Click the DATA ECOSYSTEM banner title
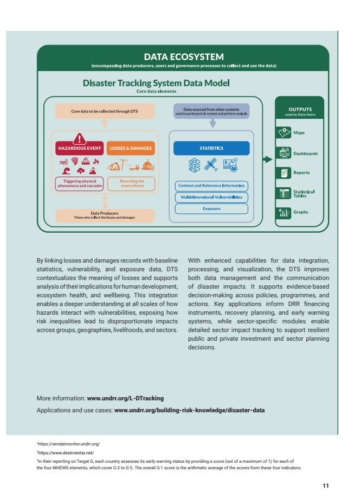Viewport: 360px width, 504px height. [183, 56]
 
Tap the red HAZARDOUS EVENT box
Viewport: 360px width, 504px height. [79, 148]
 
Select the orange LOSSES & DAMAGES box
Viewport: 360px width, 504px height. [131, 148]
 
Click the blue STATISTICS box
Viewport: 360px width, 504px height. [211, 148]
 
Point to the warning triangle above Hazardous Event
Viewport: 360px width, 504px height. [80, 137]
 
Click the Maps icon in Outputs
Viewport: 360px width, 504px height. [284, 133]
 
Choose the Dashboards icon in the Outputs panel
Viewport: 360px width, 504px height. [284, 153]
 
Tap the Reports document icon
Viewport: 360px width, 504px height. [284, 173]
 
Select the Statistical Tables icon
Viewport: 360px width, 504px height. [284, 193]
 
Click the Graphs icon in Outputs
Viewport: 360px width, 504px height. [284, 212]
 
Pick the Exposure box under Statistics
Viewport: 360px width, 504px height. [211, 208]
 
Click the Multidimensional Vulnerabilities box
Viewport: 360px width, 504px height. [211, 197]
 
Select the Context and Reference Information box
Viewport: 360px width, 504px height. [211, 186]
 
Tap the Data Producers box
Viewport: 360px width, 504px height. [105, 215]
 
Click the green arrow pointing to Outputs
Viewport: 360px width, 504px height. [266, 160]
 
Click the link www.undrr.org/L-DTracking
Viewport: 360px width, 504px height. [125, 398]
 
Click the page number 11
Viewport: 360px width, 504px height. [325, 486]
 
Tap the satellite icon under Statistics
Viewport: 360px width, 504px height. [213, 164]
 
